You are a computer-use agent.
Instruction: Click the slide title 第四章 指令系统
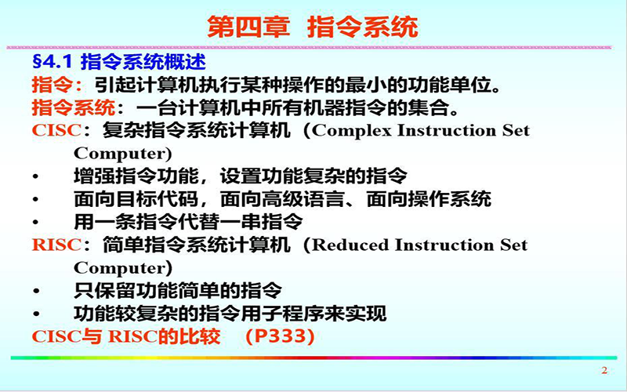click(312, 27)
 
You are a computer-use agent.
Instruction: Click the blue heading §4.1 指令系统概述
click(119, 62)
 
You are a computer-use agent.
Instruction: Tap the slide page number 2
click(604, 370)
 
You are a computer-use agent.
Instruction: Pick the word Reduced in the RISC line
click(350, 245)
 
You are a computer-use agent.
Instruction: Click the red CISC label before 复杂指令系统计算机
click(56, 130)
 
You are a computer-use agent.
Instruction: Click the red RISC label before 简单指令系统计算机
click(56, 245)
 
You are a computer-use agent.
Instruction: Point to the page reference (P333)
click(280, 336)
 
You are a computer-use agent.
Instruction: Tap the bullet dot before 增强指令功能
click(36, 176)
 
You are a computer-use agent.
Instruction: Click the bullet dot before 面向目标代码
click(36, 199)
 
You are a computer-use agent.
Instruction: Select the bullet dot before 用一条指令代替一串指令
click(36, 223)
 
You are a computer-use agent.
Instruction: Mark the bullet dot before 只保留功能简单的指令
click(36, 291)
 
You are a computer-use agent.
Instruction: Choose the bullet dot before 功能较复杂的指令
click(36, 314)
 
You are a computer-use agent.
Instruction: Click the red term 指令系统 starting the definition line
click(74, 107)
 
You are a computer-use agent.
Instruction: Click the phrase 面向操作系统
click(429, 199)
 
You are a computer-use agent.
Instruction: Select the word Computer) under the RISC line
click(123, 268)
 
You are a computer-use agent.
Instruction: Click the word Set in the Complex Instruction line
click(516, 130)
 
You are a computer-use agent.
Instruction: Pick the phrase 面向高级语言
click(282, 199)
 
